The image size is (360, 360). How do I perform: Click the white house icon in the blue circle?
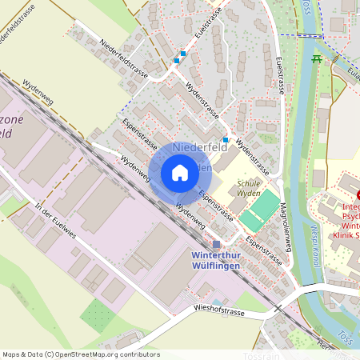click(x=180, y=173)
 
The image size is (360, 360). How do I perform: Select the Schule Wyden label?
click(x=250, y=188)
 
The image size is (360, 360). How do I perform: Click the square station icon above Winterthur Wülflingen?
click(x=216, y=244)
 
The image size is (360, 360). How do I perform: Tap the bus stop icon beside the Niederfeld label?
click(x=226, y=140)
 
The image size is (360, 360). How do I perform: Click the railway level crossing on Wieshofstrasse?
click(x=278, y=307)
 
